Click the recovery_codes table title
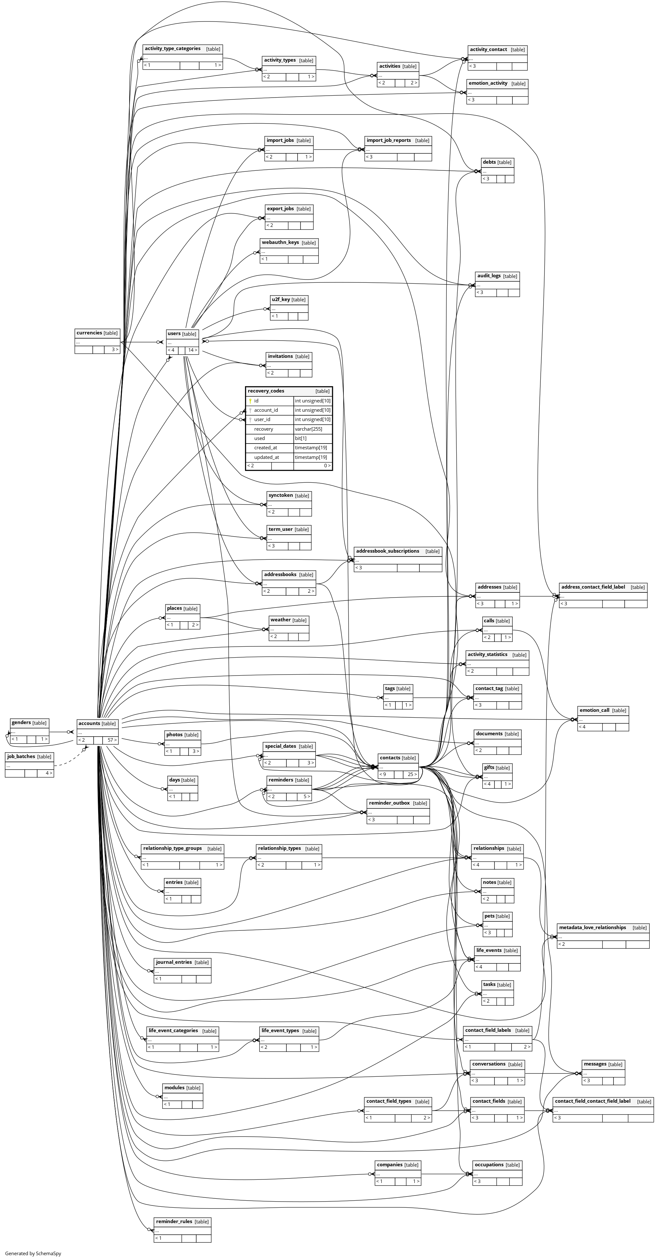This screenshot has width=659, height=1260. click(x=266, y=391)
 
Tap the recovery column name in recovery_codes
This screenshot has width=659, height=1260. click(x=264, y=429)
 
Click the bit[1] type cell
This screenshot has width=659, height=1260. click(x=301, y=438)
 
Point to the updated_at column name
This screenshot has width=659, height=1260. click(x=266, y=457)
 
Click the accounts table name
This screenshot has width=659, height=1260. click(x=89, y=723)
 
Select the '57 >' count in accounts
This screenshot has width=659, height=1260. click(x=112, y=740)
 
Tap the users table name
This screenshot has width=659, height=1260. click(x=174, y=333)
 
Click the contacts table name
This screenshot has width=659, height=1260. click(x=390, y=758)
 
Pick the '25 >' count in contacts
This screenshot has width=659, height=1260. click(x=412, y=774)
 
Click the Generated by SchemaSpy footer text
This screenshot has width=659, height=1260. click(x=33, y=1254)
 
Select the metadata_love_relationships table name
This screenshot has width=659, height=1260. click(x=593, y=928)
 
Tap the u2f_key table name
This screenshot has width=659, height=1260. click(x=281, y=299)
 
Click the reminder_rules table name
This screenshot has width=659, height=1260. click(x=174, y=1221)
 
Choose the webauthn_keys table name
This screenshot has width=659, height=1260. click(x=280, y=243)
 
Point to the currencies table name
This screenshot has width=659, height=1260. click(x=89, y=333)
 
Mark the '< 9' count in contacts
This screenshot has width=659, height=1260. click(x=383, y=774)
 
